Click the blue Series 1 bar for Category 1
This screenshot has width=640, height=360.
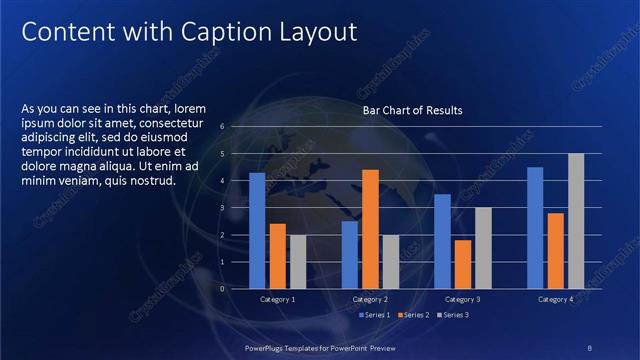click(x=257, y=230)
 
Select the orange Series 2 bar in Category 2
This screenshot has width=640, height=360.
click(x=370, y=229)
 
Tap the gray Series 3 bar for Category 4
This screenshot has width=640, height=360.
click(x=576, y=221)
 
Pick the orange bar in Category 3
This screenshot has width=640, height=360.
click(x=463, y=264)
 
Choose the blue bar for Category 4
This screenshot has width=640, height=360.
click(x=535, y=227)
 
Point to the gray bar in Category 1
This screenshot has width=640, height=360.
click(x=298, y=261)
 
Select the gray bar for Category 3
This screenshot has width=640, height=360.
click(x=483, y=248)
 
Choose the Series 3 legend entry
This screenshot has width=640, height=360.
click(x=453, y=315)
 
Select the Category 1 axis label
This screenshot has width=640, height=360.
click(x=277, y=299)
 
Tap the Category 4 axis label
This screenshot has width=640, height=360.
click(x=555, y=299)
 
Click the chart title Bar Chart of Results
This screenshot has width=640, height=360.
click(x=412, y=110)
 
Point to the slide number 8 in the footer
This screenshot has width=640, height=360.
click(x=590, y=346)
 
